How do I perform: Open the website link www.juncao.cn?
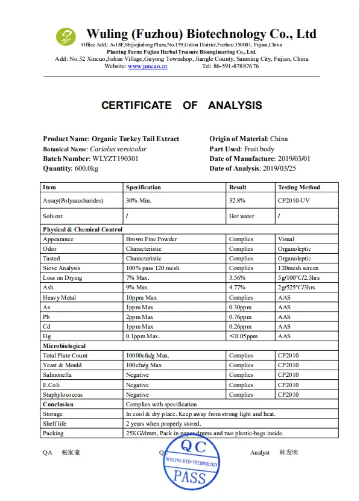click(147, 66)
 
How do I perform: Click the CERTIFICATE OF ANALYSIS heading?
click(182, 106)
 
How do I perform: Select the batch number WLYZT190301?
click(115, 159)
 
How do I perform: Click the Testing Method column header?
click(298, 187)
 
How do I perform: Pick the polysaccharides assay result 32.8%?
click(238, 200)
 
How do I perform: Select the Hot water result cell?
click(242, 216)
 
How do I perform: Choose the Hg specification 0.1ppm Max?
click(142, 336)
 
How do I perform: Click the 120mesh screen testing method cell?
click(297, 268)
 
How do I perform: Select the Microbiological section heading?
click(65, 346)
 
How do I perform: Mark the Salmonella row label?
click(57, 375)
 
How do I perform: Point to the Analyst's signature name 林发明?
click(289, 453)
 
